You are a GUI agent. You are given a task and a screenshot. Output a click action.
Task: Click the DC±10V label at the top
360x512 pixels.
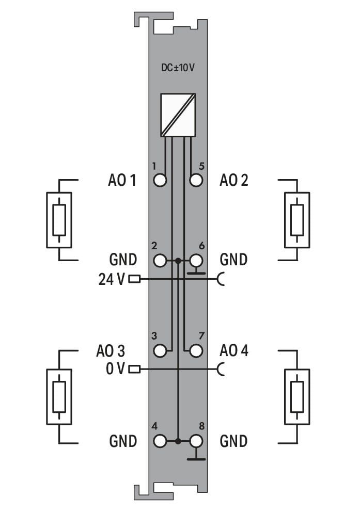click(x=178, y=68)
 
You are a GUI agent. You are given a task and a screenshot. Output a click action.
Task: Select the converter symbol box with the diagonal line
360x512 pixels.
click(x=178, y=115)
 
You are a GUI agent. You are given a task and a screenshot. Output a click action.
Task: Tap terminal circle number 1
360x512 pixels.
click(x=160, y=180)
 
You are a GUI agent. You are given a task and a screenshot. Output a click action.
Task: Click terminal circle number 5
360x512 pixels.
click(x=196, y=180)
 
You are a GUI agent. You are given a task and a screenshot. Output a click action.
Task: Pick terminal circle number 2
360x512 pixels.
click(x=160, y=261)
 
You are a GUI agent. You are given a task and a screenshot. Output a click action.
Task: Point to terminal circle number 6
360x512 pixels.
click(x=196, y=261)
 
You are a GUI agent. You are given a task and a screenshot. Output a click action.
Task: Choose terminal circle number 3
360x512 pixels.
click(x=160, y=351)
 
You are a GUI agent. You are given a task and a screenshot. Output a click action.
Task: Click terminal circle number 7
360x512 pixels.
click(x=196, y=351)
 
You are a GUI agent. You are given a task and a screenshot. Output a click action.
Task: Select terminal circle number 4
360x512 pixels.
click(x=160, y=441)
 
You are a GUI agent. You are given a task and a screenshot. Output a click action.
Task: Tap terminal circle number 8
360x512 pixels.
click(x=196, y=441)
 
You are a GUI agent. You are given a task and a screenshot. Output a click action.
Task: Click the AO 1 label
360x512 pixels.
click(x=122, y=180)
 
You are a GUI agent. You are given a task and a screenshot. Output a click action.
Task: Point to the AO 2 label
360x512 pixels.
click(x=234, y=180)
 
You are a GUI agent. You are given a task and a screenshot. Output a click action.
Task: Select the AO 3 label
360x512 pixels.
click(x=111, y=351)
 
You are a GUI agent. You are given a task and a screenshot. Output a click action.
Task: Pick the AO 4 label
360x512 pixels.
click(x=234, y=350)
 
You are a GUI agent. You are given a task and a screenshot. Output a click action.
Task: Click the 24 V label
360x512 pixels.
click(x=112, y=280)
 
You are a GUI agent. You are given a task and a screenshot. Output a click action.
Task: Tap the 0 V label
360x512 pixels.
click(x=115, y=369)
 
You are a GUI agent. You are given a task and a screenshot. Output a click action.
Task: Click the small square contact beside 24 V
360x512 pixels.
click(x=134, y=279)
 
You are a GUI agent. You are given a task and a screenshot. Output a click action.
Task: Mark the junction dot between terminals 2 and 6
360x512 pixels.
click(x=178, y=261)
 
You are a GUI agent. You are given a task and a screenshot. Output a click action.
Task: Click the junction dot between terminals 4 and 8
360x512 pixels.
click(x=178, y=441)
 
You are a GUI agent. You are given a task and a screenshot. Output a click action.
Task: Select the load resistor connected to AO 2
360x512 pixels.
click(x=297, y=220)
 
